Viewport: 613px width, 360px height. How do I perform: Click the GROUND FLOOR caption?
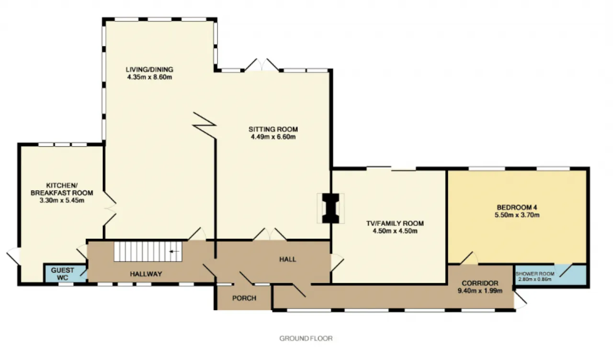tap(306, 338)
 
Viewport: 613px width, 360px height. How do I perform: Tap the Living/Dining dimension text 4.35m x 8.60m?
tap(149, 77)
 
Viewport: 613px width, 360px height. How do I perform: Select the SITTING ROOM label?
tap(273, 129)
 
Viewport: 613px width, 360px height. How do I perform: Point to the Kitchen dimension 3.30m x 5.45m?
tap(62, 200)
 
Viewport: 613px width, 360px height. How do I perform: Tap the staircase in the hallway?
tap(148, 251)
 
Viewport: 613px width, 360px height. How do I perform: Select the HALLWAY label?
tap(146, 274)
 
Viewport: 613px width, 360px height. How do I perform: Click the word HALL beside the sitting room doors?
tap(288, 259)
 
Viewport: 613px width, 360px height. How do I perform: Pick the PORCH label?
tap(244, 298)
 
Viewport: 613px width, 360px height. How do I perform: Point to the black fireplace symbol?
tap(330, 208)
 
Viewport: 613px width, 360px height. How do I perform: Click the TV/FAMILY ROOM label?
tap(395, 223)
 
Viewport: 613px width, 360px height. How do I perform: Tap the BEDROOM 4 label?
tap(517, 207)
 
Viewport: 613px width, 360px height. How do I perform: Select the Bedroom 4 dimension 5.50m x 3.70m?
tap(517, 215)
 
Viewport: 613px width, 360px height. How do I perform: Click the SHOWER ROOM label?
tap(535, 273)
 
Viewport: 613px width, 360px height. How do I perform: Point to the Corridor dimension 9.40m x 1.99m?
tap(480, 291)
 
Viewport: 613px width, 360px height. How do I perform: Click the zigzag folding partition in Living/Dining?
tap(204, 125)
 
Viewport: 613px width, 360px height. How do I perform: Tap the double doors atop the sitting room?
tap(261, 65)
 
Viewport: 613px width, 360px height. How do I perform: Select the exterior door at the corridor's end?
tap(520, 300)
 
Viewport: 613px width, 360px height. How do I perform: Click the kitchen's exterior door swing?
tap(13, 256)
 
